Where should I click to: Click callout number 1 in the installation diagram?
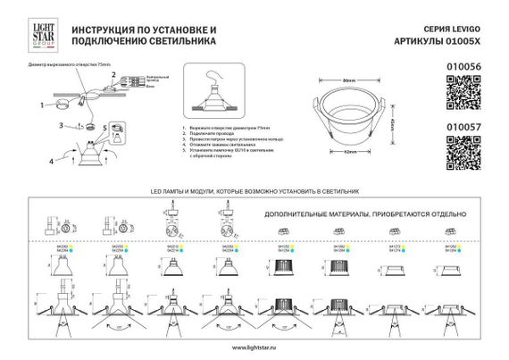(42, 105)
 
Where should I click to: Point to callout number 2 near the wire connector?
(113, 75)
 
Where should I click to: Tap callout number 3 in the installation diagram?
(62, 126)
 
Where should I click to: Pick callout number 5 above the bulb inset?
(104, 126)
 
